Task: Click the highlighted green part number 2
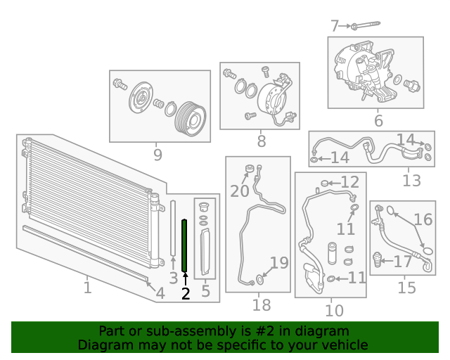click(184, 245)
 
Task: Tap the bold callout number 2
click(186, 294)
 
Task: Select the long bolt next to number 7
click(366, 25)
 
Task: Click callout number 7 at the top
click(335, 26)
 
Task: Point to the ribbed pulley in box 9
click(191, 119)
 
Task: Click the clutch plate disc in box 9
click(141, 97)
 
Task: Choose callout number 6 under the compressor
click(378, 120)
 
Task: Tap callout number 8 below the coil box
click(261, 141)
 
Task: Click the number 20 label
click(239, 191)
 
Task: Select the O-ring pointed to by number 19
click(259, 279)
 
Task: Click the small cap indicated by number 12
click(324, 183)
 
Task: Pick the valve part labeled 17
click(378, 259)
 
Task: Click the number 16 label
click(423, 219)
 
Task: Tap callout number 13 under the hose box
click(411, 181)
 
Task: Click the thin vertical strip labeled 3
click(173, 228)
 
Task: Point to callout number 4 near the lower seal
click(160, 293)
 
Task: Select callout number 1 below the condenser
click(87, 288)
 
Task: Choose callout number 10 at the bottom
click(334, 311)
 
